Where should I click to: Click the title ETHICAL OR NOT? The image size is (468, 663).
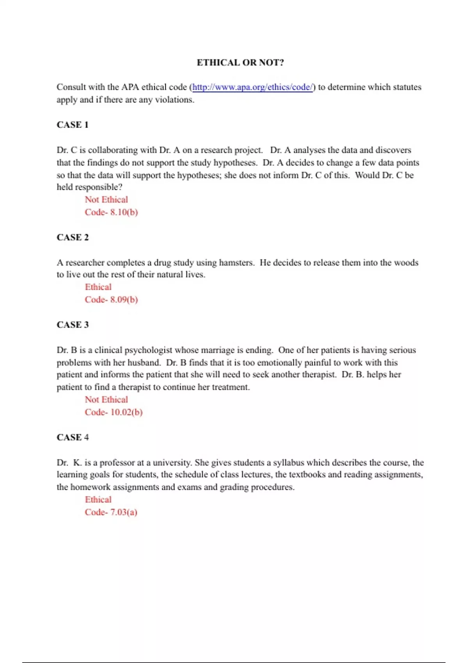[240, 63]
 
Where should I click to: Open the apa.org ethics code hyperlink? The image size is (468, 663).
[252, 87]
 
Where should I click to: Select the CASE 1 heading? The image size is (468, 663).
[73, 125]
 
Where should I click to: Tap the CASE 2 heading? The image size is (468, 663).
[73, 238]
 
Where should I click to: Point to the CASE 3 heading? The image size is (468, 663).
[73, 325]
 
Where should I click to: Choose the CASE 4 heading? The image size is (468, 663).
[73, 438]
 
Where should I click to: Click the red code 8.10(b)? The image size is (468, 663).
[112, 212]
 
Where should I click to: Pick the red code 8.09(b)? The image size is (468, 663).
[112, 300]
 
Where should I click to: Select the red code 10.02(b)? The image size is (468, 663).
[114, 412]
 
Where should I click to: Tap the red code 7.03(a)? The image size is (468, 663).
[111, 512]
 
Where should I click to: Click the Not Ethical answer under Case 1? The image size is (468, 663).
[106, 200]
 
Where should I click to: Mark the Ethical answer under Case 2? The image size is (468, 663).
[98, 287]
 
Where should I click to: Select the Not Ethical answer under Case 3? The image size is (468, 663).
[106, 400]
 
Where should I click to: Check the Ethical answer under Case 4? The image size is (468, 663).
[98, 500]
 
